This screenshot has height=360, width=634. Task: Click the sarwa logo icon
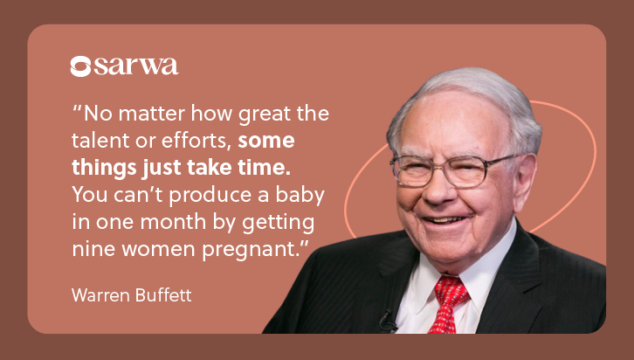[x=80, y=66]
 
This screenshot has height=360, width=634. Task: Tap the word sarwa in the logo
[x=136, y=66]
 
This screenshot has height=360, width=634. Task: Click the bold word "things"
[x=104, y=168]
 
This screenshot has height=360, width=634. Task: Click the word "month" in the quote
[x=174, y=222]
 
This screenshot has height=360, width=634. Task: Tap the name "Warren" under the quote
[x=100, y=295]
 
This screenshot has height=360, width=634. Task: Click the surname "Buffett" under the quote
[x=163, y=295]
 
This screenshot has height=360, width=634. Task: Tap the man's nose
[x=439, y=189]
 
